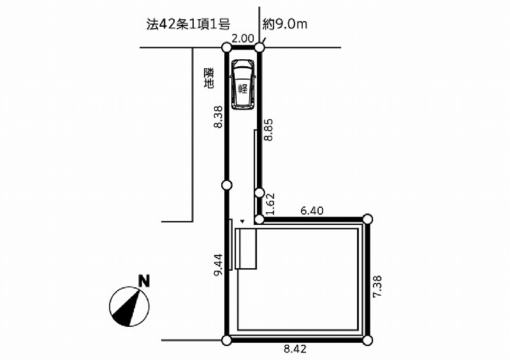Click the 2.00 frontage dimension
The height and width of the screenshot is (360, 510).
point(243,39)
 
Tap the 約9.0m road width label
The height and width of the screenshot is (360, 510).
point(284,24)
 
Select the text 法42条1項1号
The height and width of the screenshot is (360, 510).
point(188,24)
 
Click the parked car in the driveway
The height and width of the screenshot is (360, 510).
point(243,84)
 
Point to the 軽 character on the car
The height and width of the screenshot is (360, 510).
point(243,89)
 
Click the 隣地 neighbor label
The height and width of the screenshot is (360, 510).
point(209,78)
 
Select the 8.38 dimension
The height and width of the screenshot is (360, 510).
point(218,117)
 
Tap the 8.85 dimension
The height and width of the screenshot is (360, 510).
point(268,129)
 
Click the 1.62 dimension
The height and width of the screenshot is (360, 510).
point(270,205)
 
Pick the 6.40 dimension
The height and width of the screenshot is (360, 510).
point(312,211)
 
